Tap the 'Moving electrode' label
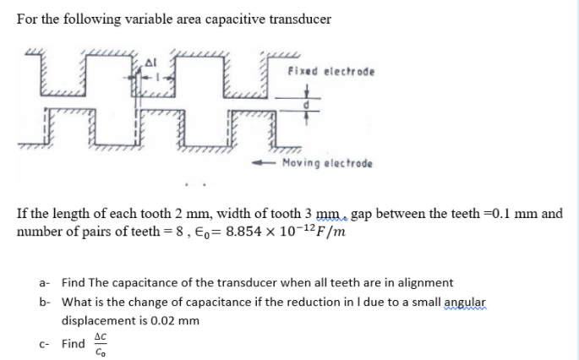[327, 162]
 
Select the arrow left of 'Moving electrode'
[266, 162]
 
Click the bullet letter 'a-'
[46, 282]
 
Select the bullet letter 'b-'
[46, 302]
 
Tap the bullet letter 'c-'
[46, 344]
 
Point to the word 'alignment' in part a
[427, 282]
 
